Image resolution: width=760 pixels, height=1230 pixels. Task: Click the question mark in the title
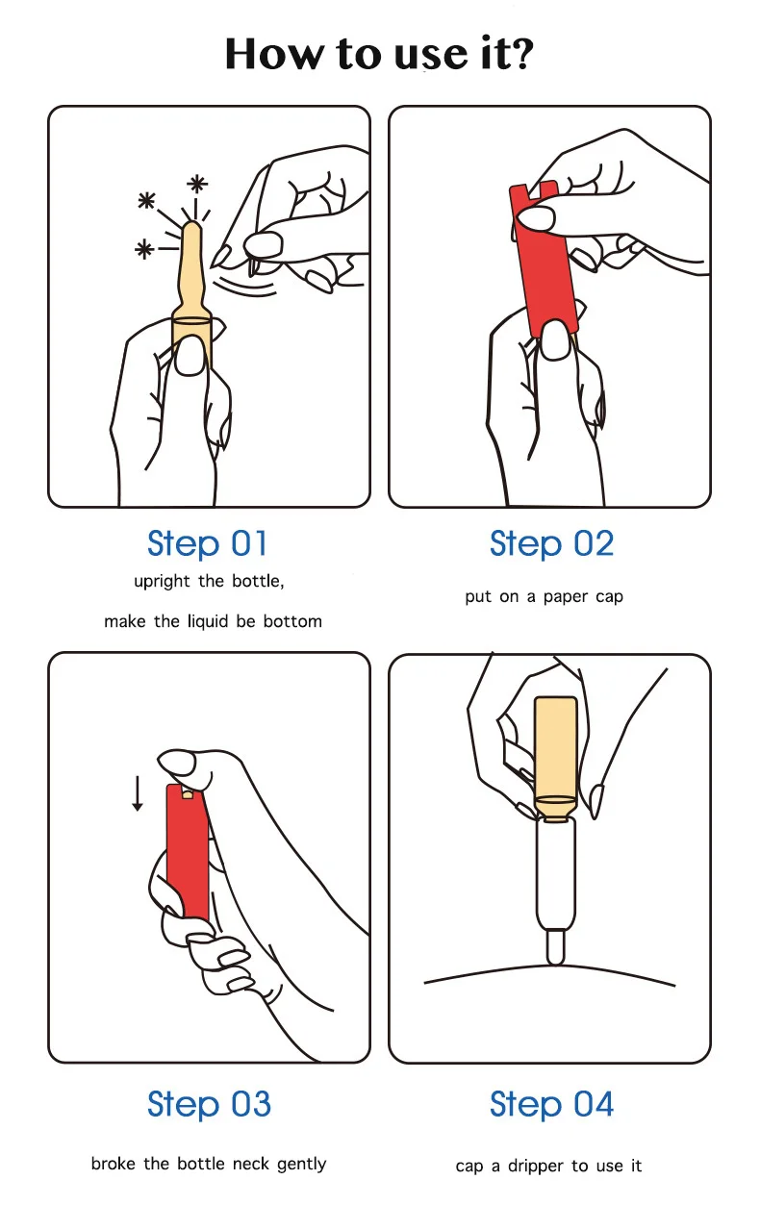click(x=518, y=53)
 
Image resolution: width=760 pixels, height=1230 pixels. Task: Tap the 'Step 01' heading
click(x=207, y=543)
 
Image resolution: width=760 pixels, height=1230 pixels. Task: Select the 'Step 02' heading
click(x=551, y=543)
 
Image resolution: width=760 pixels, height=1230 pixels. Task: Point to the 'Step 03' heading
click(x=209, y=1104)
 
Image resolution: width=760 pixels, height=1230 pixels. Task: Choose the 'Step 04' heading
click(x=551, y=1104)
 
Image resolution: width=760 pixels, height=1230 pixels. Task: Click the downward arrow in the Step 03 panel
click(x=138, y=792)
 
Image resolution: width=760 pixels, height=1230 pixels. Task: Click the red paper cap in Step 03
click(x=189, y=851)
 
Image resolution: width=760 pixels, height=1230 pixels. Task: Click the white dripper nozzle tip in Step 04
click(x=556, y=958)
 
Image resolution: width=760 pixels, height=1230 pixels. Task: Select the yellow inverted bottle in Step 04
click(x=556, y=758)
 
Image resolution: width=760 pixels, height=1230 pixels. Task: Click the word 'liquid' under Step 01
click(x=208, y=621)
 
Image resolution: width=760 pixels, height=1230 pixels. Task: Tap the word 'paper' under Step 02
click(x=566, y=598)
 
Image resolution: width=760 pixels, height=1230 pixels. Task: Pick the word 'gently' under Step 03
click(x=301, y=1165)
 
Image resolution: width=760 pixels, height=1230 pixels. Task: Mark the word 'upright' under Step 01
click(x=162, y=582)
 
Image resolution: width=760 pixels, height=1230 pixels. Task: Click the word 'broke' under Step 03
click(x=114, y=1164)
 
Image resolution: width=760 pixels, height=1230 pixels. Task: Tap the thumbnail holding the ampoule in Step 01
click(x=190, y=356)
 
